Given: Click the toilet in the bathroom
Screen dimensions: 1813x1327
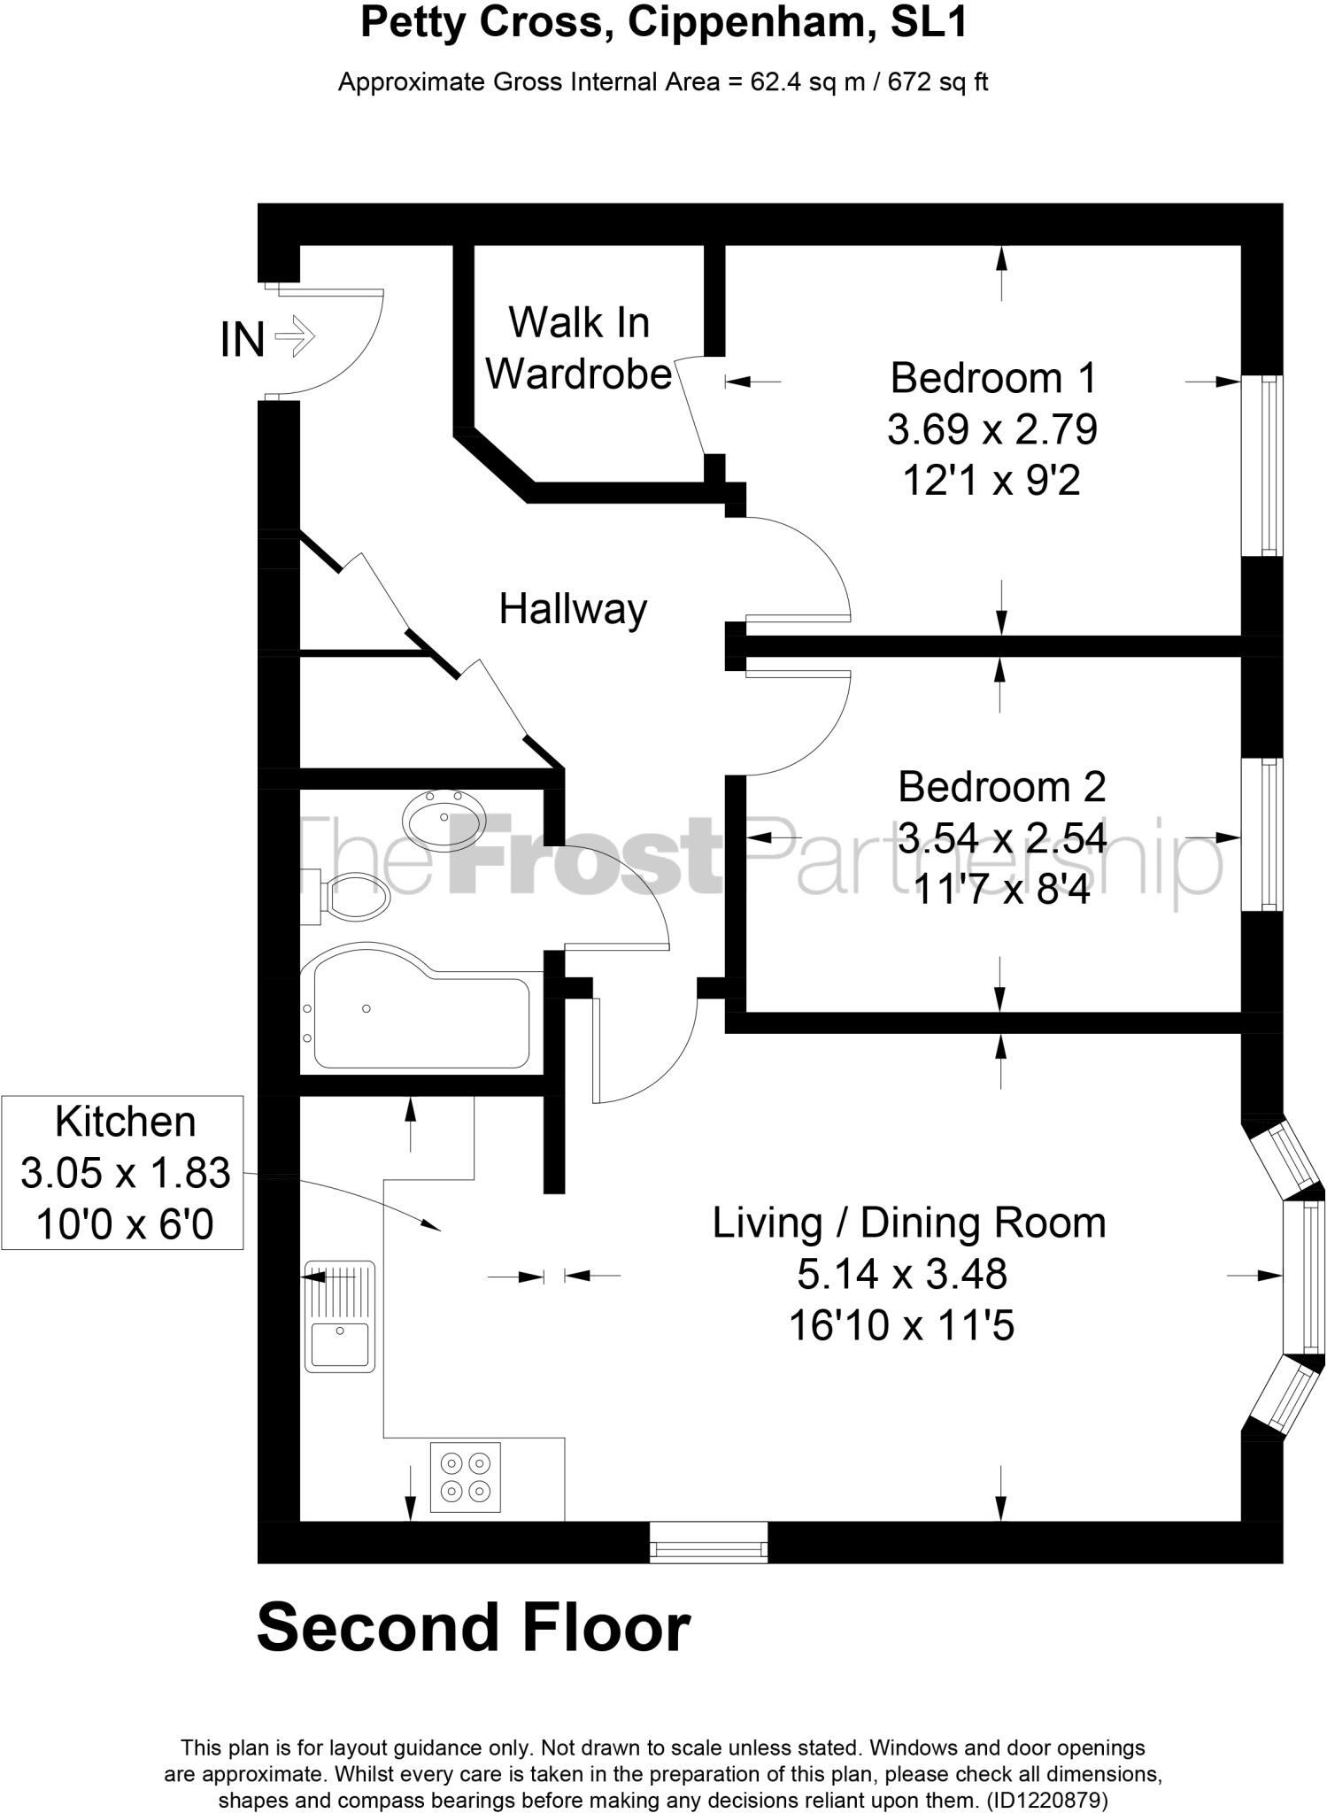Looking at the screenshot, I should click(352, 897).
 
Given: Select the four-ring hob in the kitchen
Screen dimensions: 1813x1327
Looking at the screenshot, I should click(466, 1477).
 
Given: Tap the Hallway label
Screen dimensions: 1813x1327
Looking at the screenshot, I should click(573, 609).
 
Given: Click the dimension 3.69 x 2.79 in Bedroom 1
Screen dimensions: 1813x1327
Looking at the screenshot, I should click(991, 430).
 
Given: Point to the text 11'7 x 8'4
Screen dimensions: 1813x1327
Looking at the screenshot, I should click(1000, 890).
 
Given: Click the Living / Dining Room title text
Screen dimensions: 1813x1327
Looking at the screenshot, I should click(909, 1223).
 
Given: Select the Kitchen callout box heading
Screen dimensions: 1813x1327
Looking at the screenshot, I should click(125, 1122).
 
